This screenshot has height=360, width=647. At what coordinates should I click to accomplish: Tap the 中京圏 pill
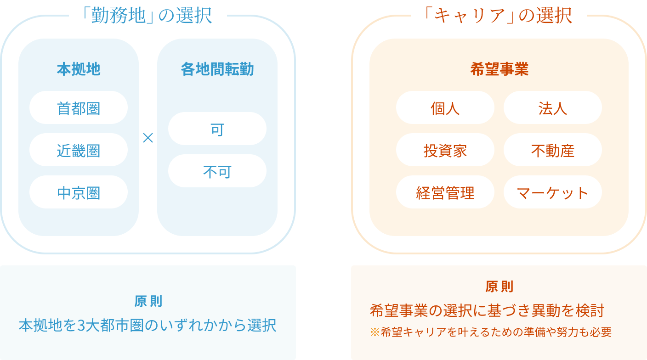79,192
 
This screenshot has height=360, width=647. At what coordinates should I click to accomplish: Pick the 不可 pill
217,171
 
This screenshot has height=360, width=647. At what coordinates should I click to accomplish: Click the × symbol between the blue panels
148,138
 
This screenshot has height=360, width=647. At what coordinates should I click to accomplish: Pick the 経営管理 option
445,192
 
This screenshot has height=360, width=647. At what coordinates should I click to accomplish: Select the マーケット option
552,192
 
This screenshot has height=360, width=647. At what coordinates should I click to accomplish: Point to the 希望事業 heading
499,69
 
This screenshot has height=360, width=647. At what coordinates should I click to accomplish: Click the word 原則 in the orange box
499,287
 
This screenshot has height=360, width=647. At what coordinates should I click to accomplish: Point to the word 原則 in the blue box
148,302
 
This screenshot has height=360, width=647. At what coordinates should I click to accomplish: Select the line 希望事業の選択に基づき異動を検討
487,311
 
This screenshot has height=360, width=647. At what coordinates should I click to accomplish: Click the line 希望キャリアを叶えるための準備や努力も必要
496,332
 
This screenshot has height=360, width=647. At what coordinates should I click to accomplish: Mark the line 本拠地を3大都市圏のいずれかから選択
148,325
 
